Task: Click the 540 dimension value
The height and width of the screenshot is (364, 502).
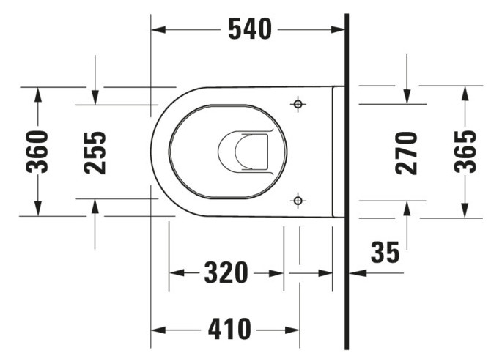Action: pos(249,29)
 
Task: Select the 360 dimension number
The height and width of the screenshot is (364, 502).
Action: pos(37,151)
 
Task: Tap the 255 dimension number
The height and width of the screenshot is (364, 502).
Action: pos(95,152)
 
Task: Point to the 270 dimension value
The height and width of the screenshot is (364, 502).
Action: pos(407,152)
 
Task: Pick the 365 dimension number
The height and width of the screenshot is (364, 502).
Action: pos(465,151)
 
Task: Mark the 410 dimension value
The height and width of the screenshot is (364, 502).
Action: pos(227,328)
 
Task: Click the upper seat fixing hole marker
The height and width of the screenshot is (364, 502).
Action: pos(298,104)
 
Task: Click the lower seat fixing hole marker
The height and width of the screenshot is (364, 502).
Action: pos(298,199)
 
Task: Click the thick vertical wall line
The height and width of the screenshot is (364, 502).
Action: pos(345,183)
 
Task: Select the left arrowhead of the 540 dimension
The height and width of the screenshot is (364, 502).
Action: pos(158,29)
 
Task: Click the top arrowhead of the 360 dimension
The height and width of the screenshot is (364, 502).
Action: pos(37,94)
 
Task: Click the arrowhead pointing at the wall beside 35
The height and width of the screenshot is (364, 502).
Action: pos(355,273)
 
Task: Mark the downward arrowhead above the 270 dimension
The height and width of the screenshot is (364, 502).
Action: pos(407,97)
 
